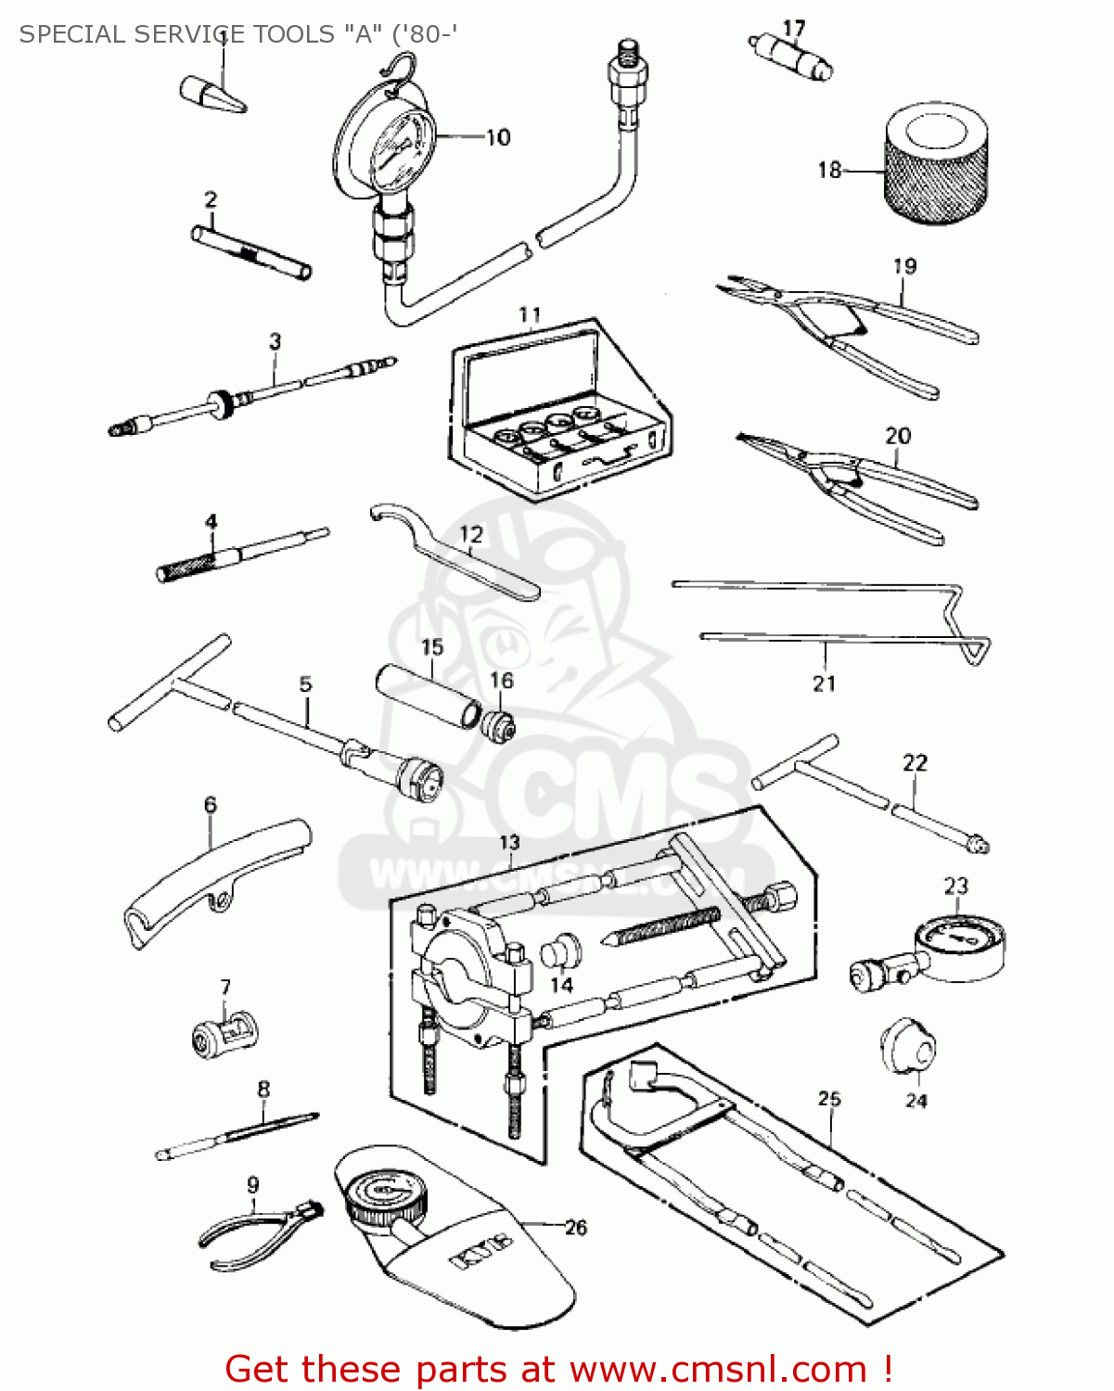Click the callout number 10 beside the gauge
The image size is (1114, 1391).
tap(498, 137)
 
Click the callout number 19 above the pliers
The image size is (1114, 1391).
tap(904, 266)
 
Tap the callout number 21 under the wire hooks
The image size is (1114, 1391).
tap(824, 684)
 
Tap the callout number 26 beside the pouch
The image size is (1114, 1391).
tap(576, 1228)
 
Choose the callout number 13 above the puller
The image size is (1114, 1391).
tap(509, 842)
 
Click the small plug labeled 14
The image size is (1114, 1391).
tap(560, 953)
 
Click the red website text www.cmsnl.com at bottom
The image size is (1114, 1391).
tap(718, 1369)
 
